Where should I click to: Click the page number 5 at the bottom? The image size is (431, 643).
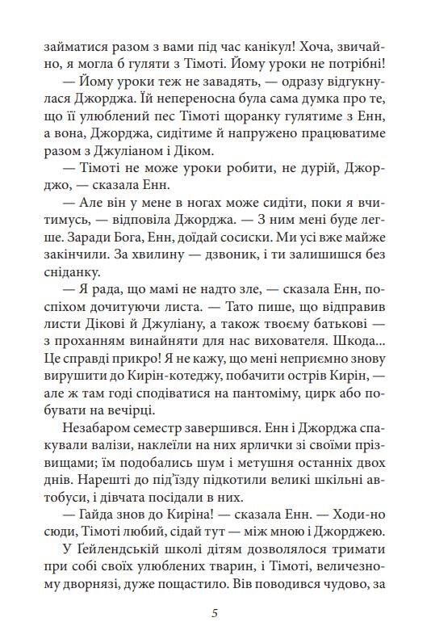pos(215,611)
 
